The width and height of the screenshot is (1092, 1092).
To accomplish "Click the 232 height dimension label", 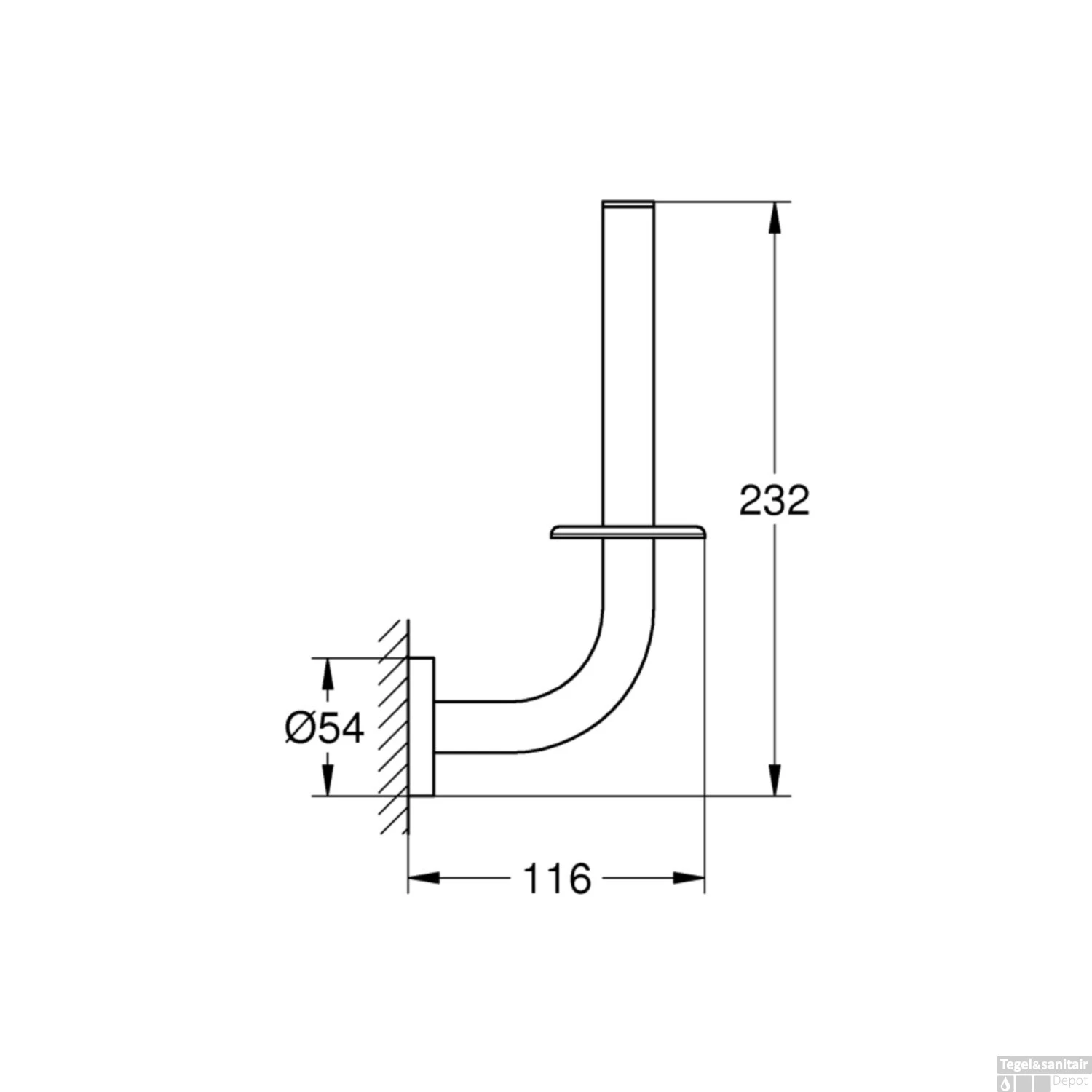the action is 774,500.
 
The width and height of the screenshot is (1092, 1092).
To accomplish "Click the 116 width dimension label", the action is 557,879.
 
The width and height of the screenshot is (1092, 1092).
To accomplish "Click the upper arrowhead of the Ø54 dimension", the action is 328,675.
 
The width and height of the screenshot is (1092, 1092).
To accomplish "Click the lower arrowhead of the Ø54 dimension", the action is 328,780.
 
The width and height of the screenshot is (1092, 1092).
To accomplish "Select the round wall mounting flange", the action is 422,727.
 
